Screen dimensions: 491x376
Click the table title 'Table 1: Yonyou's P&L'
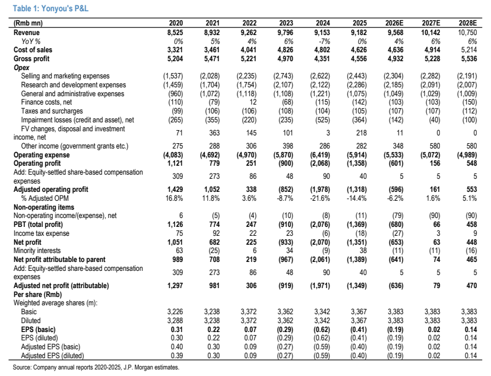pyautogui.click(x=50, y=8)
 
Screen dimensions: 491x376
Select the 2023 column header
pyautogui.click(x=286, y=23)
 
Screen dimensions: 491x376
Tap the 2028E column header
pyautogui.click(x=467, y=23)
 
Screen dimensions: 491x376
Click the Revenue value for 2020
pyautogui.click(x=175, y=33)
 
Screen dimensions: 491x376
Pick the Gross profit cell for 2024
pyautogui.click(x=322, y=59)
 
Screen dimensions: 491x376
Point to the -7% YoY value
pyautogui.click(x=324, y=42)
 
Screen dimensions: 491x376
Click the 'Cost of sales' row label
pyautogui.click(x=33, y=50)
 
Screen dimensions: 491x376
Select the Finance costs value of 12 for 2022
pyautogui.click(x=253, y=102)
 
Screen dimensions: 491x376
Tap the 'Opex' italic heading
pyautogui.click(x=21, y=68)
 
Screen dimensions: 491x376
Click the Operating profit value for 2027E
pyautogui.click(x=435, y=163)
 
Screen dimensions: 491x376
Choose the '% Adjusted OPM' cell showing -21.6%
pyautogui.click(x=321, y=198)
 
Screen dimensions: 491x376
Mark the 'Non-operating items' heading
pyautogui.click(x=44, y=207)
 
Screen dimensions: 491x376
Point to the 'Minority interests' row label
pyautogui.click(x=37, y=251)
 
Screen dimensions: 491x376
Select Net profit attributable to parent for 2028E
pyautogui.click(x=471, y=260)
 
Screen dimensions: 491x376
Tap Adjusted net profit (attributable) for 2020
pyautogui.click(x=175, y=286)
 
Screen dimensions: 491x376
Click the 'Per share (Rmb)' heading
pyautogui.click(x=37, y=295)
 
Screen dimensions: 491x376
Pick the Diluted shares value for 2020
pyautogui.click(x=175, y=321)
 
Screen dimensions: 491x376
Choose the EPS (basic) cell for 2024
pyautogui.click(x=322, y=330)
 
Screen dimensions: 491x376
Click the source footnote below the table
pyautogui.click(x=96, y=367)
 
